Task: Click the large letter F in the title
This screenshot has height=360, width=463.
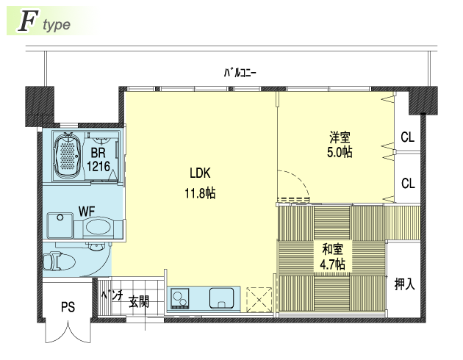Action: coord(28,21)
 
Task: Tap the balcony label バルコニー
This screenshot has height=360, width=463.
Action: coord(240,73)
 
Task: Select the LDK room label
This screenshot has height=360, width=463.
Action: coord(200,173)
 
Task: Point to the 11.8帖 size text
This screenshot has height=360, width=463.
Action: coord(200,193)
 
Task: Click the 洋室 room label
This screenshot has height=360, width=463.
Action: coord(340,137)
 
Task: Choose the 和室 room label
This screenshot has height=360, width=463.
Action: coord(332,249)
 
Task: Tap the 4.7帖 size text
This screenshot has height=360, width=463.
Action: coord(332,264)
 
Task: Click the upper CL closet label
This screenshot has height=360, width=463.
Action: coord(408,137)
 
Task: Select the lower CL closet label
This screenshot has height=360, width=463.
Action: coord(408,184)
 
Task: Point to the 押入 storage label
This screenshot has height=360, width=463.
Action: coord(405,284)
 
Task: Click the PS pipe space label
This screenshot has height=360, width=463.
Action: coord(68,307)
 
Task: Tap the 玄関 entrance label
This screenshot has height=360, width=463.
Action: coord(139,301)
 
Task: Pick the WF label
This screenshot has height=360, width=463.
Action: coord(87,212)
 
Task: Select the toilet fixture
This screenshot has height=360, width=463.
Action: coord(59,261)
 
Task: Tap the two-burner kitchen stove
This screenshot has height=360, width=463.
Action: coord(180,298)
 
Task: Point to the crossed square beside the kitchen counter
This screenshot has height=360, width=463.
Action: coord(259,300)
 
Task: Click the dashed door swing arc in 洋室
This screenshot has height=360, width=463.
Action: coord(298,180)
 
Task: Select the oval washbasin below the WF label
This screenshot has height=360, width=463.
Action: coord(98,227)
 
